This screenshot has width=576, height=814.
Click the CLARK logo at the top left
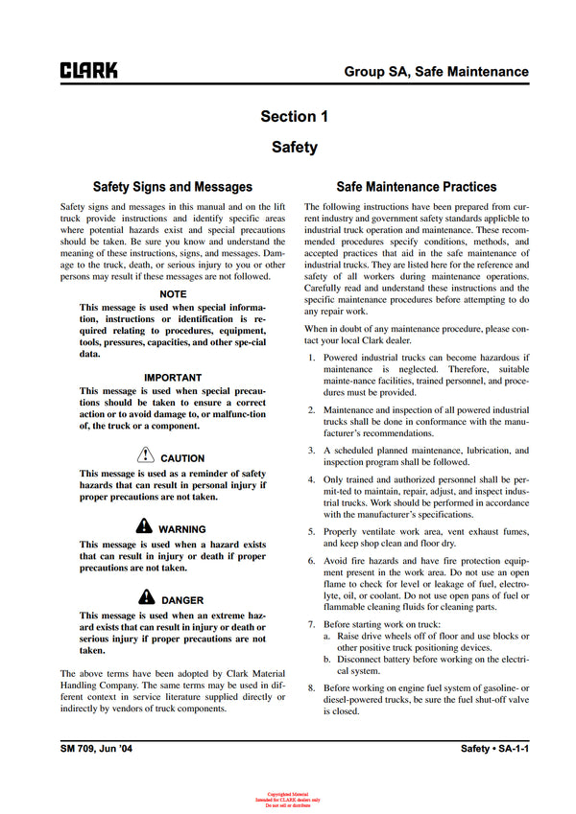click(x=89, y=70)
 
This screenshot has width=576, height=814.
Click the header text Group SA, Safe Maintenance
click(x=436, y=71)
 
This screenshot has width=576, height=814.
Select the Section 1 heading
click(x=294, y=116)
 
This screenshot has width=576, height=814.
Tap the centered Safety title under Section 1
click(x=294, y=148)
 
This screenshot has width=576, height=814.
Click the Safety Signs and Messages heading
click(x=172, y=187)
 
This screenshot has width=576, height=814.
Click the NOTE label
click(x=173, y=293)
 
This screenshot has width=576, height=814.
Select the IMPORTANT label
click(x=173, y=378)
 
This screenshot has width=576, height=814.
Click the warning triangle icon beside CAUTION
click(x=146, y=456)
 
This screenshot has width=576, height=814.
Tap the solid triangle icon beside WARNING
click(x=144, y=527)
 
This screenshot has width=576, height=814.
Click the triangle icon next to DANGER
click(x=147, y=598)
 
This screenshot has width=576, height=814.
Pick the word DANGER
click(x=182, y=600)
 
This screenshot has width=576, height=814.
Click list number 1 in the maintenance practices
click(x=311, y=358)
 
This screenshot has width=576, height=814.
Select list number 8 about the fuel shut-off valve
click(x=311, y=688)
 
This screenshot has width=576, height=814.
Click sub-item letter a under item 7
click(x=326, y=636)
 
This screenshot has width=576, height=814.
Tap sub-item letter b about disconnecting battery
click(x=326, y=660)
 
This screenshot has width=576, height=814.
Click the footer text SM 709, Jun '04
click(x=93, y=748)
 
